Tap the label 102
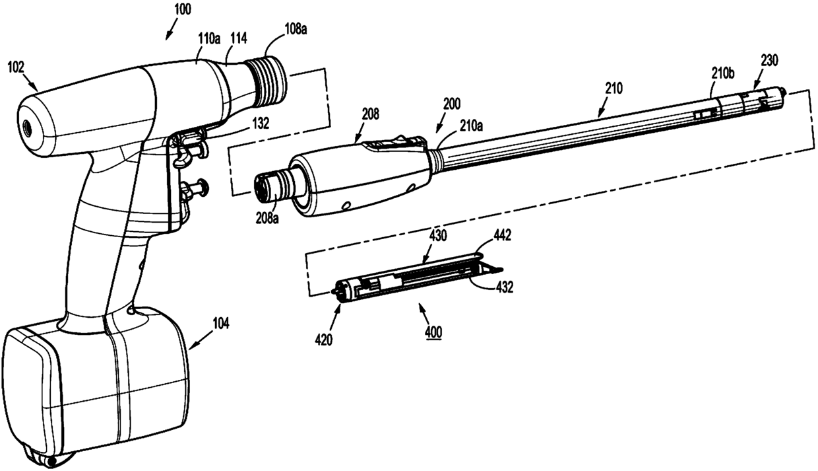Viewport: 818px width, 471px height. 16,67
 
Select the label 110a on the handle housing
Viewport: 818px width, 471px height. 210,40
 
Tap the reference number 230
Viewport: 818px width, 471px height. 769,59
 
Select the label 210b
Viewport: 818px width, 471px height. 722,73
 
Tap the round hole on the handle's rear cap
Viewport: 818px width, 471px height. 28,122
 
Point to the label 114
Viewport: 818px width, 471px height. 238,40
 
